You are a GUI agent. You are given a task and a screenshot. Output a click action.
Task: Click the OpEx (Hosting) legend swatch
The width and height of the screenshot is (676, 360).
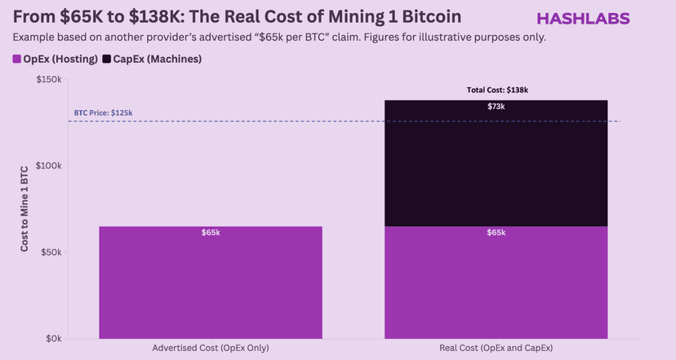[17, 59]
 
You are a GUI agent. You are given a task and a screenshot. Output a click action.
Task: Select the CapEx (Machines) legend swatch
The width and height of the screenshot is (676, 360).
[107, 59]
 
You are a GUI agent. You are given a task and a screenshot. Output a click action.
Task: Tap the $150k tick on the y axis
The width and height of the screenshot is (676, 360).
[50, 79]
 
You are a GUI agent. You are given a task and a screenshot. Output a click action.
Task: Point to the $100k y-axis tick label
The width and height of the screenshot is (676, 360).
[50, 166]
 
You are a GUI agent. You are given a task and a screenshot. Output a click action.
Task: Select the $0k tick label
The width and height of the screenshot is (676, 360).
[54, 338]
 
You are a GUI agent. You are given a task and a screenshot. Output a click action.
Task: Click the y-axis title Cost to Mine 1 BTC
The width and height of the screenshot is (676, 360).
[24, 208]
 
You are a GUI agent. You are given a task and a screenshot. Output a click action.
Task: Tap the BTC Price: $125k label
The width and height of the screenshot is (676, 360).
[103, 113]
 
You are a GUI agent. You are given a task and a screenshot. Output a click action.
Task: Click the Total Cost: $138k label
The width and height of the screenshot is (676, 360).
[496, 90]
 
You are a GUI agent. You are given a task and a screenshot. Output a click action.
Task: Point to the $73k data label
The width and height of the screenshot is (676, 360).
[496, 106]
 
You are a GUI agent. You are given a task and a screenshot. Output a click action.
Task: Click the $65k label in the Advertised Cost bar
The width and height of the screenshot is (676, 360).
[211, 233]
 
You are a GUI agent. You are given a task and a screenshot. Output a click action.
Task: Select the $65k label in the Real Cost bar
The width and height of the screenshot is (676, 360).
[496, 233]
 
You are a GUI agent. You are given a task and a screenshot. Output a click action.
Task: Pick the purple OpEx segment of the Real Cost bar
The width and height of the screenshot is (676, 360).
[496, 286]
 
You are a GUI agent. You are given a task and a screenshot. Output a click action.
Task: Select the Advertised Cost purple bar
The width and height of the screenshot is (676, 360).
[211, 286]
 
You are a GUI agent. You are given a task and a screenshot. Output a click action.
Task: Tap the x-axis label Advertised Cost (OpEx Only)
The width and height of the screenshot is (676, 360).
[211, 349]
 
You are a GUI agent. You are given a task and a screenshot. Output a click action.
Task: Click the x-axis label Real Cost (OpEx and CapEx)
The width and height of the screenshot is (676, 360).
[496, 349]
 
